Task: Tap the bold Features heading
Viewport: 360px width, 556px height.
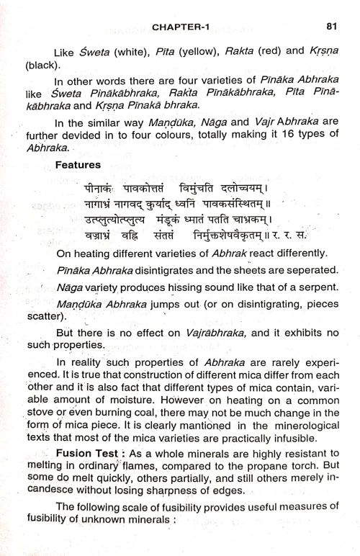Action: click(76, 165)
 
